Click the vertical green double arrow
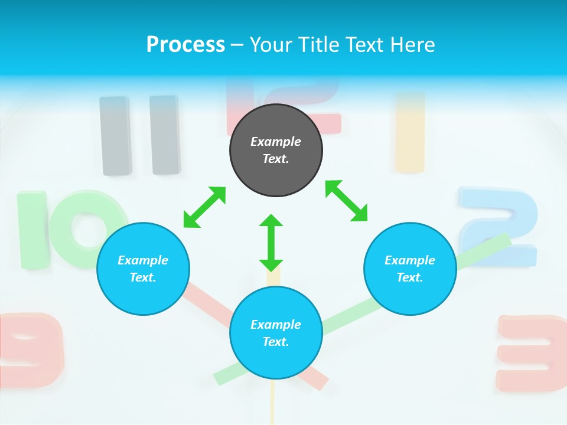271,243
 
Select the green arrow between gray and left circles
204,207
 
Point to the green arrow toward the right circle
346,201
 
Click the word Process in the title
185,44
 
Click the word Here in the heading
412,44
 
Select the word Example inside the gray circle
276,142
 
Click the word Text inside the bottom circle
276,342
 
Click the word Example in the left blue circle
143,260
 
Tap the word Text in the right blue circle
410,277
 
